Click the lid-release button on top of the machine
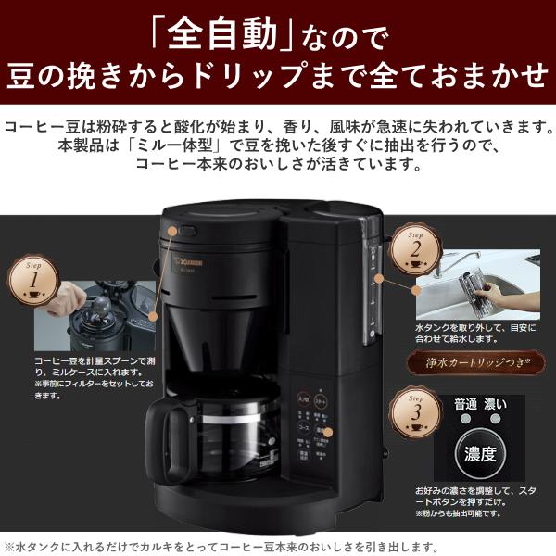[188, 232]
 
